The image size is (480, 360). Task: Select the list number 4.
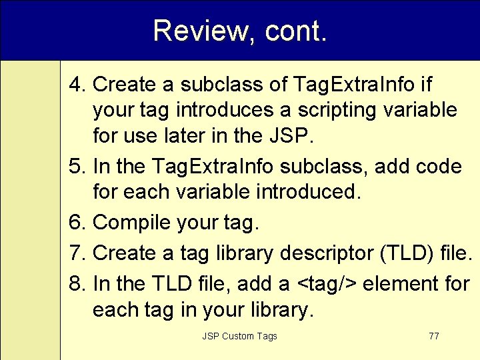coord(78,85)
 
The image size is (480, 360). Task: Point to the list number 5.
coord(78,167)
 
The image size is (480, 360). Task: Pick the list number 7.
coord(78,253)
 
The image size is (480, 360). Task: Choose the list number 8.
coord(78,283)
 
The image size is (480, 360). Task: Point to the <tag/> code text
coord(326,283)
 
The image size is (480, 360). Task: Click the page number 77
coord(433,336)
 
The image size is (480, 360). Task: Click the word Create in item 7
coord(124,253)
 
